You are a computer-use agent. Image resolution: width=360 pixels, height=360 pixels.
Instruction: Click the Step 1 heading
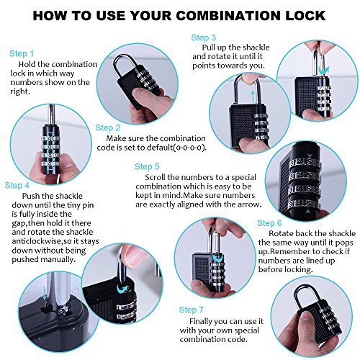point(22,53)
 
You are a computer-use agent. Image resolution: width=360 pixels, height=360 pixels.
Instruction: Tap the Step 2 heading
point(108,127)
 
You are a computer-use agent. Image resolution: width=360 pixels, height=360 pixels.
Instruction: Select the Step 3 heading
point(204,37)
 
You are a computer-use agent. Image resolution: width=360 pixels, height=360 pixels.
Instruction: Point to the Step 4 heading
point(17,185)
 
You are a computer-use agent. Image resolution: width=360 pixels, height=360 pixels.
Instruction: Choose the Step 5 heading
point(147,166)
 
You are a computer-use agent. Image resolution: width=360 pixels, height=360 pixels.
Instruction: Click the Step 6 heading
point(269,223)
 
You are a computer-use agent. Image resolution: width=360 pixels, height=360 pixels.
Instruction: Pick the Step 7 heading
point(192,310)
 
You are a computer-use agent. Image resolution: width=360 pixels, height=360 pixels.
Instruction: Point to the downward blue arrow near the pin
point(45,292)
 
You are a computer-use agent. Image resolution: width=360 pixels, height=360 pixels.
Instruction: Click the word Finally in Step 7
point(201,321)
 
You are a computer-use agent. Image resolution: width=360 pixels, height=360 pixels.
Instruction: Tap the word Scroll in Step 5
point(156,177)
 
